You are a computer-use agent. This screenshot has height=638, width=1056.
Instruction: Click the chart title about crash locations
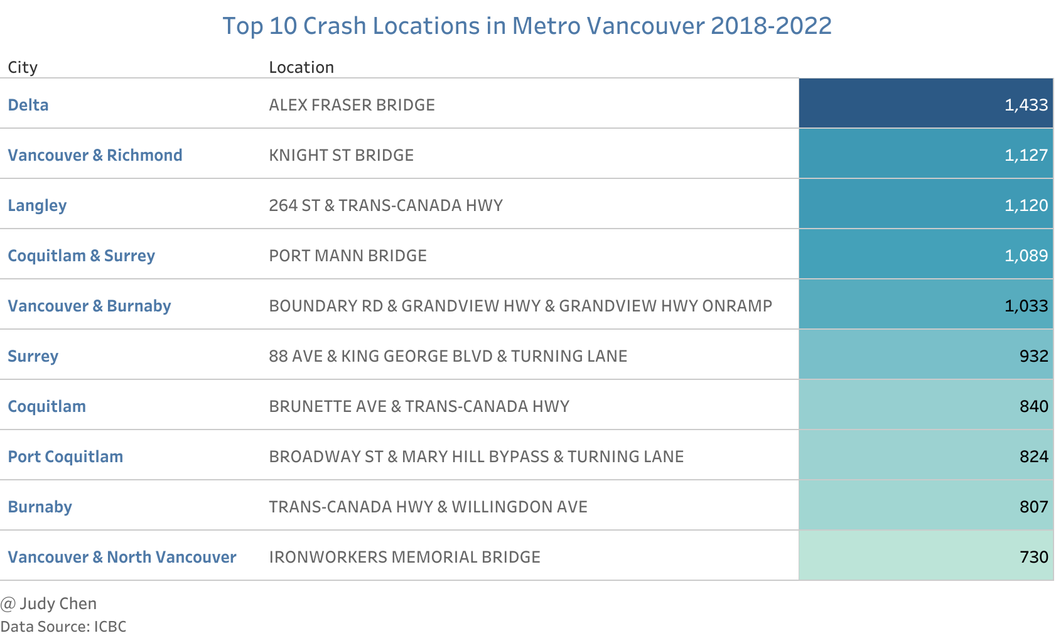click(527, 26)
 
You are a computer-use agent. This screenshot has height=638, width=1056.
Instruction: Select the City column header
click(23, 67)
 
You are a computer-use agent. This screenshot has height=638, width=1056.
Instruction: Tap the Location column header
click(301, 67)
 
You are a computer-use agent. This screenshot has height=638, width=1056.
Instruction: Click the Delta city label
click(28, 105)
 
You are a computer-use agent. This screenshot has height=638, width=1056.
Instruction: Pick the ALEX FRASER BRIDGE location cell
click(352, 105)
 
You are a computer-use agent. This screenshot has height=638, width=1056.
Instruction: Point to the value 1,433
click(1026, 105)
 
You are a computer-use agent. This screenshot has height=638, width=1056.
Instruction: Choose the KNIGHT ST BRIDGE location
click(341, 155)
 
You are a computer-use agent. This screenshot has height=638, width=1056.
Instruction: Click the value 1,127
click(1026, 155)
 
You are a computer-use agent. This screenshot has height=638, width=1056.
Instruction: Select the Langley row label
click(37, 205)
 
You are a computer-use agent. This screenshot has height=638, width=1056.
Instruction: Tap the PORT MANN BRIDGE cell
click(348, 256)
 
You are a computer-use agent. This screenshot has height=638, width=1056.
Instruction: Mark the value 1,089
click(1026, 256)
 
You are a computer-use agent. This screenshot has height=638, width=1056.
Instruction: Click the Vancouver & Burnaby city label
click(89, 306)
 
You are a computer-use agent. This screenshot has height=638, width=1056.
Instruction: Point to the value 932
click(1033, 356)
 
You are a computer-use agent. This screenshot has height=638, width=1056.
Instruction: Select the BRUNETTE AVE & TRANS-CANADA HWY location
click(419, 406)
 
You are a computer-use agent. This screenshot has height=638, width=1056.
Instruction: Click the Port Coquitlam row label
click(65, 457)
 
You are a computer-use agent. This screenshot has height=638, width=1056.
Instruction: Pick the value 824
click(1033, 457)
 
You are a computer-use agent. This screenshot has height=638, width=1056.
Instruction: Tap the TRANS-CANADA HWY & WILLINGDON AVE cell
click(428, 507)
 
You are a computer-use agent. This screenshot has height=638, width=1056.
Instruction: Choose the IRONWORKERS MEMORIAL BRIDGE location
click(404, 557)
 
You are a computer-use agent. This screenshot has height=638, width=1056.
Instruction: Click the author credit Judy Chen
click(49, 603)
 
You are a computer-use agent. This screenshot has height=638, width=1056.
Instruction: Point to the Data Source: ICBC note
click(63, 627)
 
